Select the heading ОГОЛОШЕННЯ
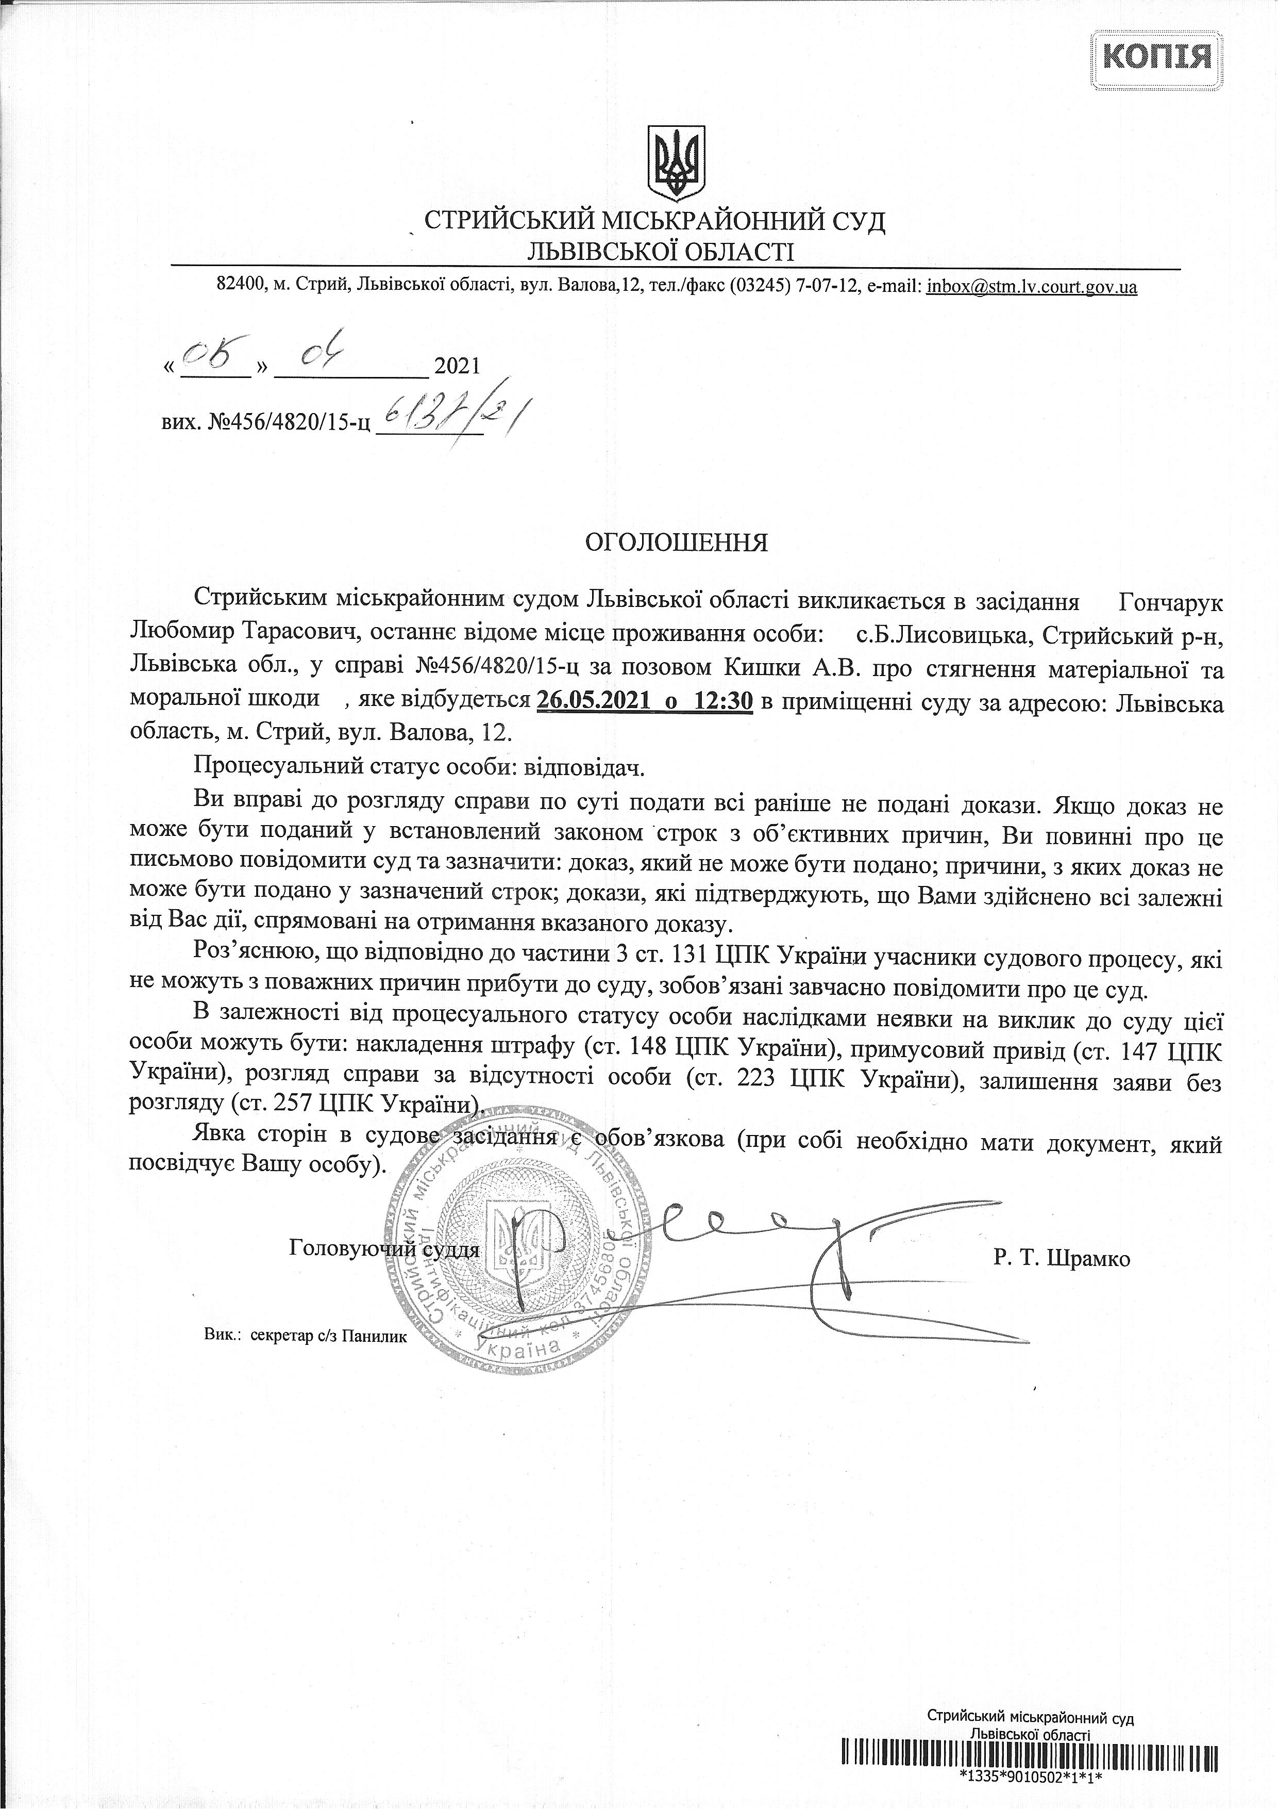676,543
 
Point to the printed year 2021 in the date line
457,366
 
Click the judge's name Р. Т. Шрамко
1062,1258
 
